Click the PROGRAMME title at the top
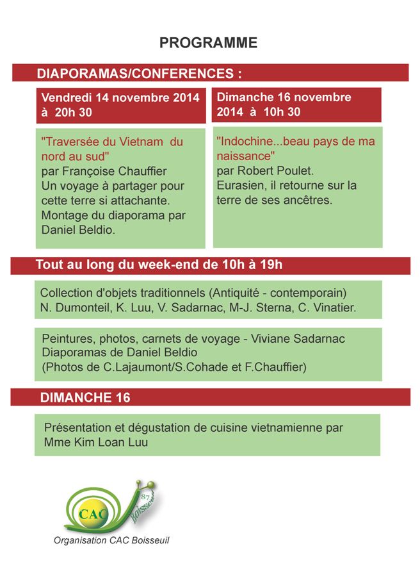(x=208, y=43)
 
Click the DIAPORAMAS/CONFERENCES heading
(x=139, y=73)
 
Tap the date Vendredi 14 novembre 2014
(x=120, y=98)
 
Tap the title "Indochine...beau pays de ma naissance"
(x=295, y=148)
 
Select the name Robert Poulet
(x=276, y=170)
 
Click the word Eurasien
(x=241, y=185)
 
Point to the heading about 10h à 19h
(x=159, y=265)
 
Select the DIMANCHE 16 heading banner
(x=85, y=397)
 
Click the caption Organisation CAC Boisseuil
(x=111, y=540)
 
